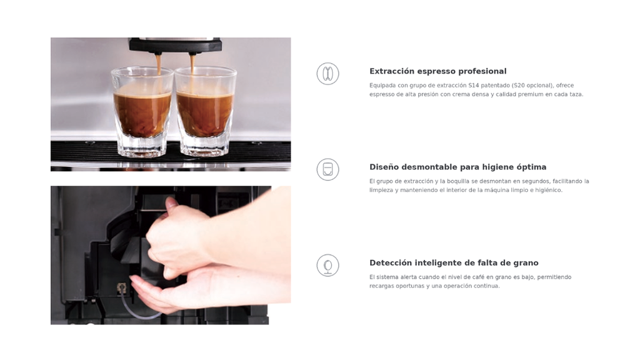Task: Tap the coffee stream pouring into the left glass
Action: pos(158,64)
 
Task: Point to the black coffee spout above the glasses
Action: pos(175,46)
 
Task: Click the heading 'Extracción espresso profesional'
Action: pos(438,71)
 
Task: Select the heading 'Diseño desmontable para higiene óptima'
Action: pos(458,167)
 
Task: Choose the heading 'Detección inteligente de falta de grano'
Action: pos(454,263)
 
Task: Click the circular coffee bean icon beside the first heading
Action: pos(327,74)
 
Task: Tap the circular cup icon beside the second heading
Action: pos(327,169)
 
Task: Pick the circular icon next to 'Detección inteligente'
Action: pos(327,265)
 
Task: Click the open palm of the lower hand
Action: pos(171,292)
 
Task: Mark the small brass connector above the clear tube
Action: pos(121,289)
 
